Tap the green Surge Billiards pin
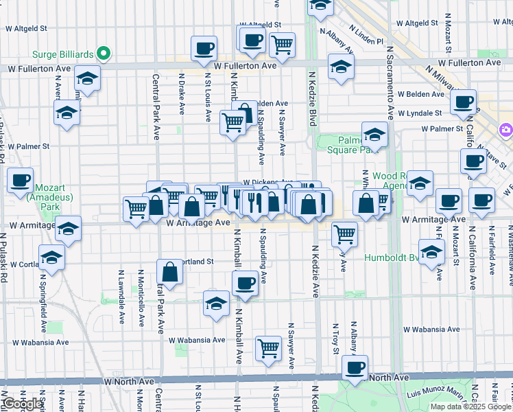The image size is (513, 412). (x=103, y=52)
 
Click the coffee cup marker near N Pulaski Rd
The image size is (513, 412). (x=21, y=181)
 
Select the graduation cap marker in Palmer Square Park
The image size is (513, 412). (x=374, y=134)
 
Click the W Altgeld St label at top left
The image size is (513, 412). (x=25, y=30)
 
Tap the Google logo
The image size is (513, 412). (x=23, y=404)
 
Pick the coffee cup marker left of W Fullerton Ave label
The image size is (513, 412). (x=204, y=49)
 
